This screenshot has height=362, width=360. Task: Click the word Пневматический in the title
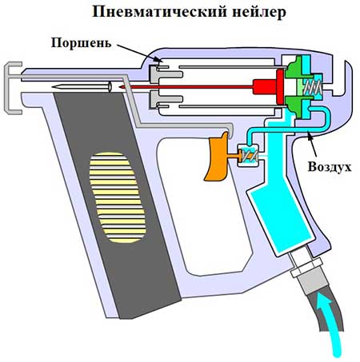pyautogui.click(x=158, y=12)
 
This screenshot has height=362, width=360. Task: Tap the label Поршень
pyautogui.click(x=81, y=43)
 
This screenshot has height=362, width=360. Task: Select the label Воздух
pyautogui.click(x=330, y=167)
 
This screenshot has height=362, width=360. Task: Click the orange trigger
pyautogui.click(x=218, y=157)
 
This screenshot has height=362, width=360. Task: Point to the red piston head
pyautogui.click(x=280, y=87)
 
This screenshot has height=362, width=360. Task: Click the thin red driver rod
pyautogui.click(x=186, y=87)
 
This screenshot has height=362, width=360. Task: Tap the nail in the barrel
pyautogui.click(x=82, y=87)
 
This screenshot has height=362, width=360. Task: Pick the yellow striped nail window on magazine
pyautogui.click(x=118, y=197)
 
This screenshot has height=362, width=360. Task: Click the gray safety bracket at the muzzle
pyautogui.click(x=13, y=88)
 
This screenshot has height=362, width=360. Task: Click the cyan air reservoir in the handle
pyautogui.click(x=280, y=208)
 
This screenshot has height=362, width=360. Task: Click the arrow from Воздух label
pyautogui.click(x=312, y=145)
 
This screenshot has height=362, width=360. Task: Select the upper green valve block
pyautogui.click(x=293, y=68)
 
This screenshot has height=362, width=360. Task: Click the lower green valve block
pyautogui.click(x=293, y=106)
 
